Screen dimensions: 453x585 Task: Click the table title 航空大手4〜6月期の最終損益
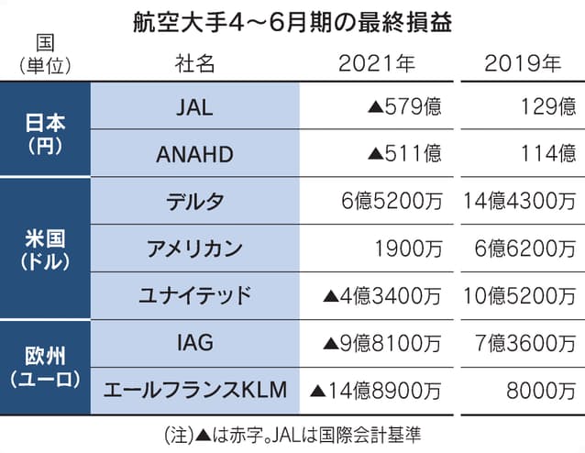tap(292, 18)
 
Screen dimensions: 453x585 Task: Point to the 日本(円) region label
tap(43, 132)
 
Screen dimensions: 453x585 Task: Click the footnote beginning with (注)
tap(292, 430)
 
